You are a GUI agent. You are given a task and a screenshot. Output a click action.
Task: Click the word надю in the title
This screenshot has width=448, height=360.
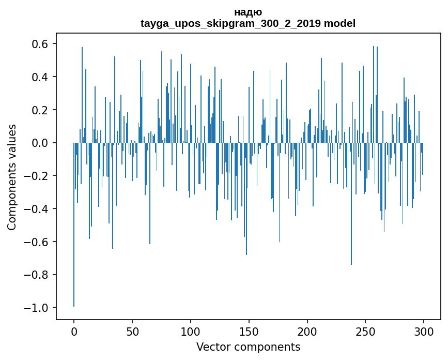coord(248,12)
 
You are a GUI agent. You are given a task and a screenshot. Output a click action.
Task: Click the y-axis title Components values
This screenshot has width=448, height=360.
coord(12,177)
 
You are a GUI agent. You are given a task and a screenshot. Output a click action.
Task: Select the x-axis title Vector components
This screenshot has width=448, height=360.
coord(248,347)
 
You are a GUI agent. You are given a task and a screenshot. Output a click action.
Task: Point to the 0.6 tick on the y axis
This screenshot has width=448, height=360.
coord(41,44)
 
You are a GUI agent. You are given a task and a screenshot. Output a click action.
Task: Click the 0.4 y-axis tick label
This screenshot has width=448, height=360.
coord(41,77)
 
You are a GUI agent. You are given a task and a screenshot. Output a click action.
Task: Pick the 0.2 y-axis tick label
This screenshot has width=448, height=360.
coord(41,110)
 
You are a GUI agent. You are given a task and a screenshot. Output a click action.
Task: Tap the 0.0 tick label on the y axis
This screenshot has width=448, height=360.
coord(41,143)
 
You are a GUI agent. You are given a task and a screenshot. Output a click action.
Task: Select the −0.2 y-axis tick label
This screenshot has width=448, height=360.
coord(37,176)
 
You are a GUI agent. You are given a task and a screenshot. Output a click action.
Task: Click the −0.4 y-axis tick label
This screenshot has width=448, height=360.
coord(37,209)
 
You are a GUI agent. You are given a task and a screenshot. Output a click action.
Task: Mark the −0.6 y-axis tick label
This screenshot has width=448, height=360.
coord(37,242)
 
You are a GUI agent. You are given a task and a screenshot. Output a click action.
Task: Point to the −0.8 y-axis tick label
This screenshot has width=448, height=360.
coord(37,275)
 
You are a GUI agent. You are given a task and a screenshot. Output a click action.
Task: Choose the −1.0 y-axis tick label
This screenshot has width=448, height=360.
coord(37,308)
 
